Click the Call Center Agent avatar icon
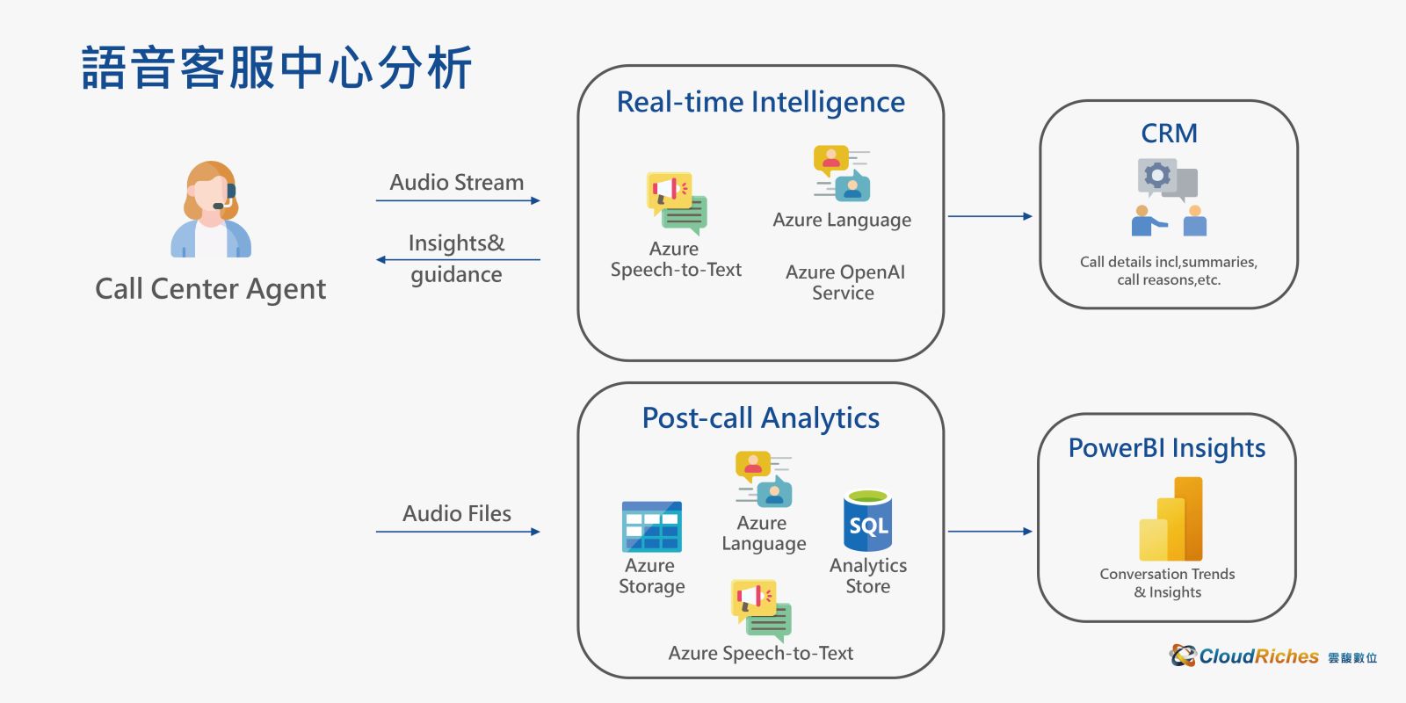211,209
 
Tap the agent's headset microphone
219,206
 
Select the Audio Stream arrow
458,201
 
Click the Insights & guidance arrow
458,259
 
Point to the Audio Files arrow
458,532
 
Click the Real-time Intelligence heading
761,102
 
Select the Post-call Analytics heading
761,418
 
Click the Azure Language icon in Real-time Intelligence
842,173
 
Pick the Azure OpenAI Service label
844,282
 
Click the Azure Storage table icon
651,526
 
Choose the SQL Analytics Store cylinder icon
868,521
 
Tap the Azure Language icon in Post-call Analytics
764,479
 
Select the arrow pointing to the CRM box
990,216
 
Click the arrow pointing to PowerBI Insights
990,532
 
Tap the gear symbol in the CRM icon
1156,175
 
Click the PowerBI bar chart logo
1170,519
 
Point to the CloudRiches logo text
1258,656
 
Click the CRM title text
1169,134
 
